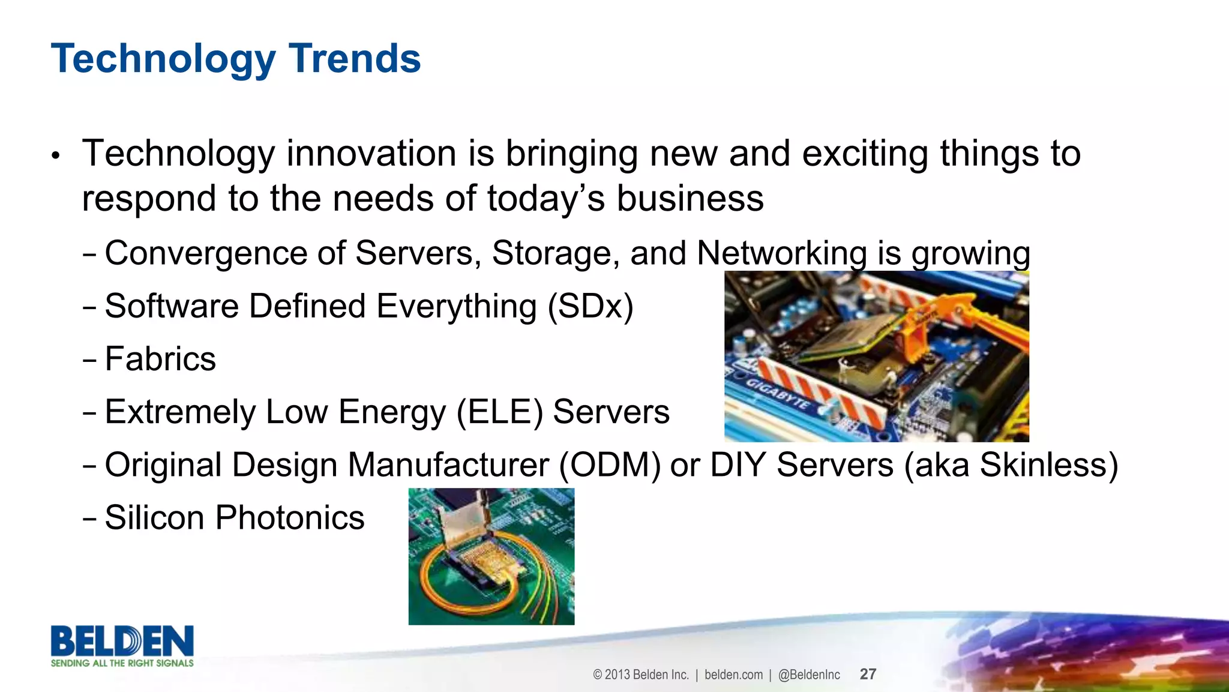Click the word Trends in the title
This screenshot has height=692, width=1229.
pos(355,59)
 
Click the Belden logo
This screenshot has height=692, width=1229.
pos(122,641)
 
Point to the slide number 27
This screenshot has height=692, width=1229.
pos(868,674)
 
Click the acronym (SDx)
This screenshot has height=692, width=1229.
pos(590,307)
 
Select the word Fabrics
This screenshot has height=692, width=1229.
pos(160,360)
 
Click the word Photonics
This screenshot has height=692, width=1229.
pos(290,518)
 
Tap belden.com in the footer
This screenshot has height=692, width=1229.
pos(733,675)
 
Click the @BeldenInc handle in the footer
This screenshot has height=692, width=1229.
pos(809,675)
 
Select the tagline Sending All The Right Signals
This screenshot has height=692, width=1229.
pos(122,663)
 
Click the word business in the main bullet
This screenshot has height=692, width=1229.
pos(690,199)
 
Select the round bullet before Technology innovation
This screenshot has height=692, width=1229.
pos(56,156)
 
